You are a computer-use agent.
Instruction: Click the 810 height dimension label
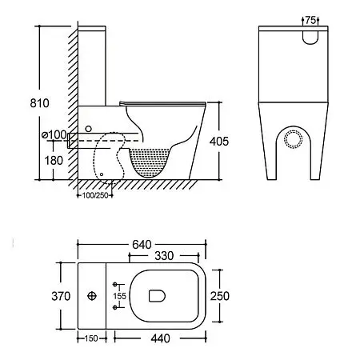[x=39, y=103]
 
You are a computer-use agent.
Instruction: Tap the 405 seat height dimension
[x=219, y=142]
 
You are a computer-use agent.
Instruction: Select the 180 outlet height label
[x=54, y=161]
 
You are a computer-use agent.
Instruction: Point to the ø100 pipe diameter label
[x=54, y=134]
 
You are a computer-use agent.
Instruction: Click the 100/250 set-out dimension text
[x=95, y=195]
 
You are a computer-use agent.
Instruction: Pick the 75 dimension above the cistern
[x=310, y=20]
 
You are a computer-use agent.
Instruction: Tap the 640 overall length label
[x=142, y=245]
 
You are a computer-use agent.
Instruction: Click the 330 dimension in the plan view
[x=164, y=256]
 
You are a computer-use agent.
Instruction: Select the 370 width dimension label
[x=61, y=296]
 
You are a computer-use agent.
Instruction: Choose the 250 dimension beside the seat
[x=220, y=296]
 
